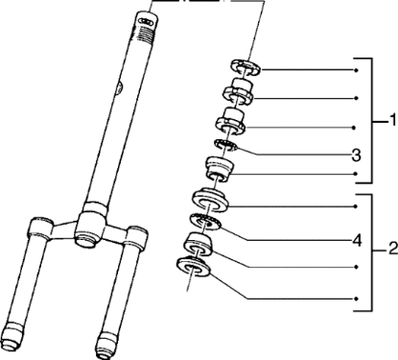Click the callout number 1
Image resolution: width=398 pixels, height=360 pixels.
(x=392, y=120)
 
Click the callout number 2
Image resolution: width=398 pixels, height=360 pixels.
(x=392, y=249)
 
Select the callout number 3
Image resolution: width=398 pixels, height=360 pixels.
(x=356, y=156)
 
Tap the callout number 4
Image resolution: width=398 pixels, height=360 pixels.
(x=357, y=241)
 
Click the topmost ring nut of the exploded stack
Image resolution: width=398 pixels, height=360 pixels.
(x=246, y=67)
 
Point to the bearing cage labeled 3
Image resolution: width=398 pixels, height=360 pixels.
(x=226, y=146)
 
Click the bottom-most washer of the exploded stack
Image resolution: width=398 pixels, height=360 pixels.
(x=194, y=267)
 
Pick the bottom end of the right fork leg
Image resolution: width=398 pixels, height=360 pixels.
(x=107, y=347)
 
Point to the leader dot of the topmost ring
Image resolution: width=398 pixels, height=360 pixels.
(x=356, y=70)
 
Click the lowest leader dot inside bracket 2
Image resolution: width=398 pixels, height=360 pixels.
(x=356, y=299)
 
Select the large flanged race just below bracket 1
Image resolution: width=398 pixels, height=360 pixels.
(x=210, y=201)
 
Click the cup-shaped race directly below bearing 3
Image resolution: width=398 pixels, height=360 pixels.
(x=220, y=168)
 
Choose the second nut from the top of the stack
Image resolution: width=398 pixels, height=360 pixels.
(x=239, y=92)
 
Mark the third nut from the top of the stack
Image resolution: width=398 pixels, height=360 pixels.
(x=231, y=122)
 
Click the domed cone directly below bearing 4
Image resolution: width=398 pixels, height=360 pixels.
(x=198, y=245)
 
